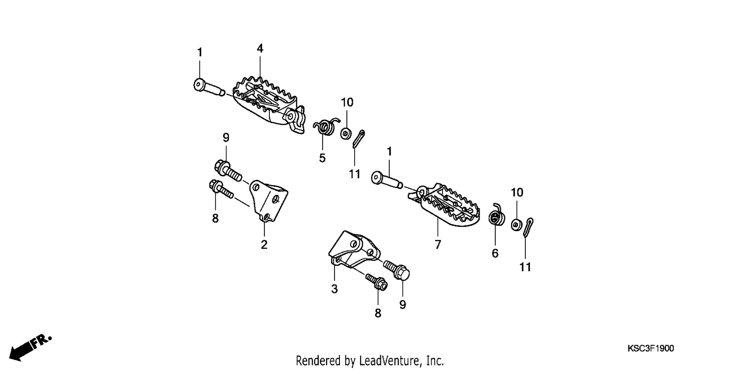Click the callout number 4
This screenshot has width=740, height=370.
(x=260, y=48)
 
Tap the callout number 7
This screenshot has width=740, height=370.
(x=438, y=245)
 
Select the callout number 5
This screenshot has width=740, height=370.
(x=322, y=158)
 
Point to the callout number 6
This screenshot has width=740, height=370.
(x=495, y=253)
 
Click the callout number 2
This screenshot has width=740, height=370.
(x=264, y=245)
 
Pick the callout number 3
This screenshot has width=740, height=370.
(x=334, y=289)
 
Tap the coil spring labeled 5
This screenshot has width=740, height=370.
(x=326, y=126)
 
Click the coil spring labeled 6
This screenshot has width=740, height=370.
(x=496, y=216)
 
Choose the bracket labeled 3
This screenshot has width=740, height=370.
(x=354, y=250)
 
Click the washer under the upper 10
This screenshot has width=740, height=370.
(x=346, y=133)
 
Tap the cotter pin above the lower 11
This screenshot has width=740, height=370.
(x=528, y=228)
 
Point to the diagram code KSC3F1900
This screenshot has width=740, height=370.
(x=651, y=348)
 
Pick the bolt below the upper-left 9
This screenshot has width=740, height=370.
(x=228, y=170)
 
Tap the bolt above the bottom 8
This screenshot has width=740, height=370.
(x=376, y=282)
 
